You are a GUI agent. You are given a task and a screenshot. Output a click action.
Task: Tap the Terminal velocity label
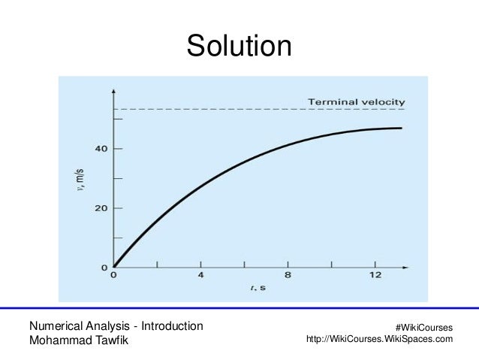tap(357, 101)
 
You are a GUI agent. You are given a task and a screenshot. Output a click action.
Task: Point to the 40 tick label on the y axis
tap(101, 149)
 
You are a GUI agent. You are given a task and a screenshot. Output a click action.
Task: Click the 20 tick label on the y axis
tap(101, 207)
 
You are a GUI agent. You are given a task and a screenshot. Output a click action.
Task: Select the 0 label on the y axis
tap(104, 267)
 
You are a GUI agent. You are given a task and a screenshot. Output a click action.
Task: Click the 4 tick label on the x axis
tap(200, 275)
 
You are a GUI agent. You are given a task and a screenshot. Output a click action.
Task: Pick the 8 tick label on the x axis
tap(288, 275)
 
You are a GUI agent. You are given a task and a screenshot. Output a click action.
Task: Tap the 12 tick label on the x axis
tap(375, 275)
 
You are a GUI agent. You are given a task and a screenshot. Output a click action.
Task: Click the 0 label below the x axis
tap(113, 275)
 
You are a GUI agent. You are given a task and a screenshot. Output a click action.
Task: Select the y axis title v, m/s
tap(84, 179)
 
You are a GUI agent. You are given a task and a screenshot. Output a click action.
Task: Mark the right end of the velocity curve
tap(402, 129)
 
